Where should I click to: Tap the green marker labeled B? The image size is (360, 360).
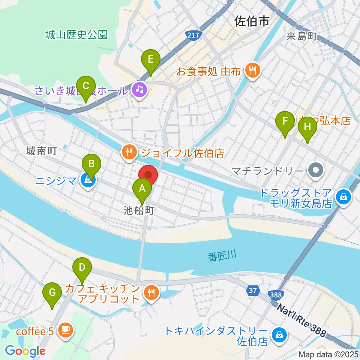point(91,164)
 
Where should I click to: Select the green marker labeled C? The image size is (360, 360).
point(85,86)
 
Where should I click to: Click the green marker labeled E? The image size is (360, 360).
point(151,60)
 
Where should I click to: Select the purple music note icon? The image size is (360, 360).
point(139,90)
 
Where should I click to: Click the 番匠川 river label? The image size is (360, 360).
point(222,256)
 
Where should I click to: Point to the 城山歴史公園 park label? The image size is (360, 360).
point(76,35)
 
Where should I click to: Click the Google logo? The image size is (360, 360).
point(25,351)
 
